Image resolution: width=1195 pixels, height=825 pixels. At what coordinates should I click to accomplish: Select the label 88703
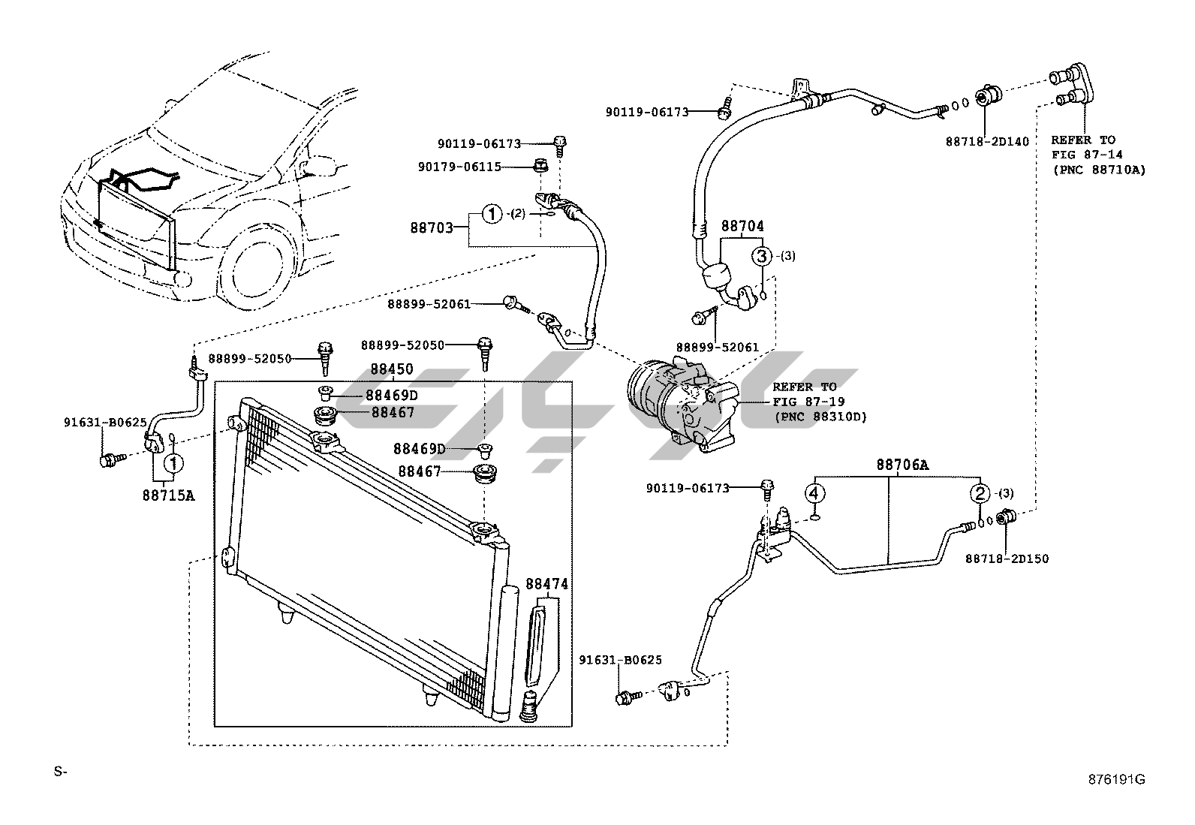(432, 227)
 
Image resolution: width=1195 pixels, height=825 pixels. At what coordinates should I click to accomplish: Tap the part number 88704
(742, 225)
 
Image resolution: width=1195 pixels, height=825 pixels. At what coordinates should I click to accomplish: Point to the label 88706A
(902, 465)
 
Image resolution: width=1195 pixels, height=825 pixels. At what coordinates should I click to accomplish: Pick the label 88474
(546, 584)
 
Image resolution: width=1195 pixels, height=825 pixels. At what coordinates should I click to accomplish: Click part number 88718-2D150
(1007, 559)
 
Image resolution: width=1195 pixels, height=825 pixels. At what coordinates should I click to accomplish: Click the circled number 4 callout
(816, 493)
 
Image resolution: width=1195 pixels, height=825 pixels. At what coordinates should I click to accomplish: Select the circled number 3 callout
(761, 256)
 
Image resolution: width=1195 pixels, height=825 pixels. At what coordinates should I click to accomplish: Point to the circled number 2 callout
(980, 493)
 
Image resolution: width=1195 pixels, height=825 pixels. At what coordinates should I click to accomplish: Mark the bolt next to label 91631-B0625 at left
(110, 459)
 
